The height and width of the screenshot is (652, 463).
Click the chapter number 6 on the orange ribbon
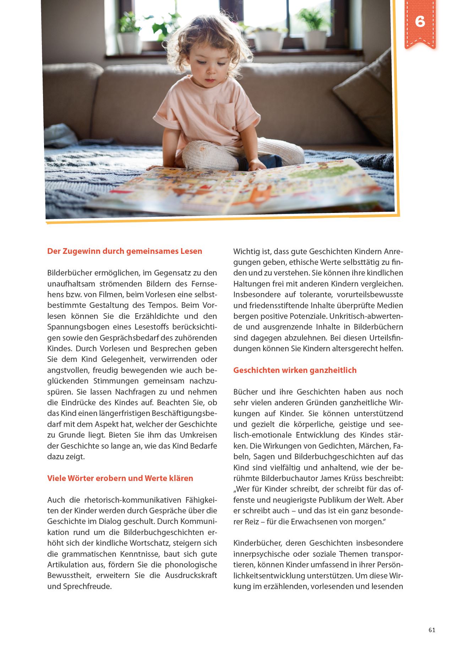(x=420, y=22)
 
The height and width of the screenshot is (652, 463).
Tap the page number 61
(x=432, y=630)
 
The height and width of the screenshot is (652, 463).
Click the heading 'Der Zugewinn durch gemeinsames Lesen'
(x=125, y=251)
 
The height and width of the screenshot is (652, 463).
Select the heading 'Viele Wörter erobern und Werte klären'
(x=120, y=478)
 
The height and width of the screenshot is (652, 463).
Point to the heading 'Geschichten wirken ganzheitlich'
(x=295, y=370)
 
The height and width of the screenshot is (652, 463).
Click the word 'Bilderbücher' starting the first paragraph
(x=69, y=273)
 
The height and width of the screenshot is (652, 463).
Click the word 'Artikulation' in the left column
(x=68, y=565)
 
